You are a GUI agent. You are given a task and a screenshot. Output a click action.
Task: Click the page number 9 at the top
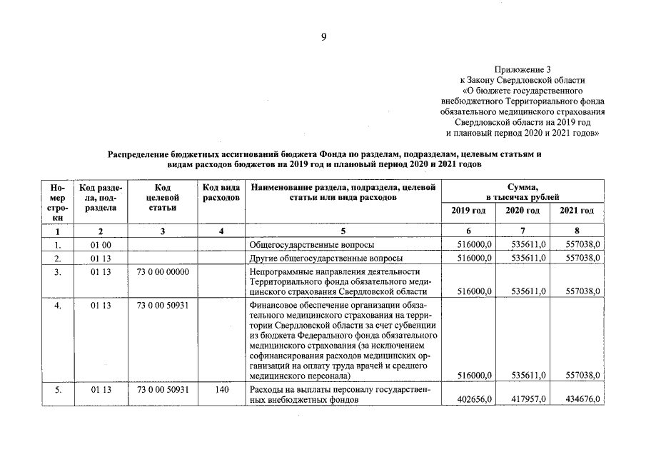(x=323, y=38)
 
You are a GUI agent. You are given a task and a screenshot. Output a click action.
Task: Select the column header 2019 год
(x=468, y=211)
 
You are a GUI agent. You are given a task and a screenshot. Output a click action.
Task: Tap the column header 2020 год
(x=523, y=211)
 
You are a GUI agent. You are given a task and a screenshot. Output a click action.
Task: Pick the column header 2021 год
(x=577, y=211)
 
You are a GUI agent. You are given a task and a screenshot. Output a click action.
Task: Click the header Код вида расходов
(x=221, y=191)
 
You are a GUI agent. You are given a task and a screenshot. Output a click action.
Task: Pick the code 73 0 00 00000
(x=162, y=272)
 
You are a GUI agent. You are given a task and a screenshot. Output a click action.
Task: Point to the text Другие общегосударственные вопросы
(x=325, y=258)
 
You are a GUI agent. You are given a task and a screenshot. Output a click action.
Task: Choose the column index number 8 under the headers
(x=577, y=231)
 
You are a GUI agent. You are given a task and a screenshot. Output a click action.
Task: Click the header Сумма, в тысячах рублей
(x=523, y=191)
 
